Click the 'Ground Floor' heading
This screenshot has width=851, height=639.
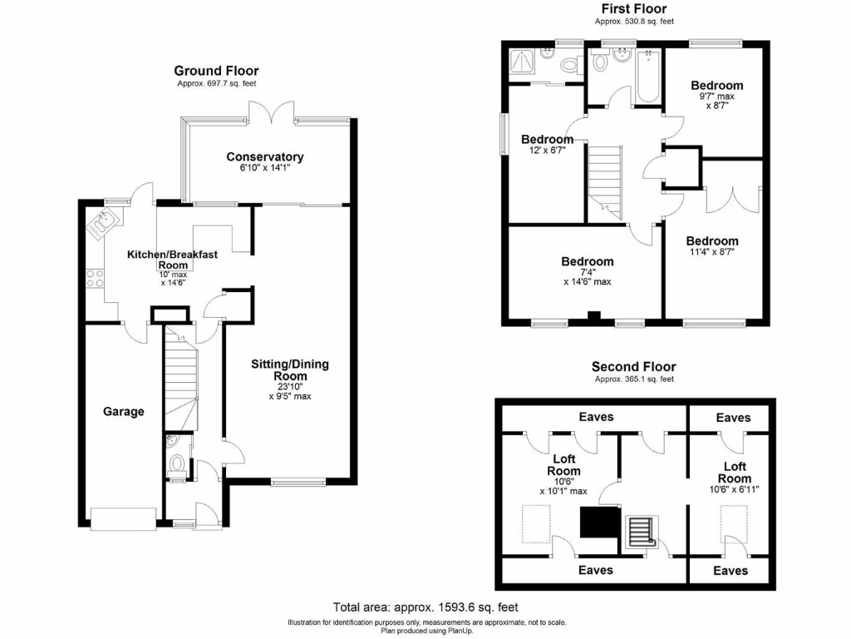coord(216,72)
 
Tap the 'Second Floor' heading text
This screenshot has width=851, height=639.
coord(633,366)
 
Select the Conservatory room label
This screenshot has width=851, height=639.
coord(265,156)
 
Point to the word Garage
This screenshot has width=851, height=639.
coord(124,411)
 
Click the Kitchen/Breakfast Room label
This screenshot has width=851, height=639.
coord(172,254)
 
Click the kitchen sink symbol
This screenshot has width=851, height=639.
coord(103,222)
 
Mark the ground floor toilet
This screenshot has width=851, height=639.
coord(177,465)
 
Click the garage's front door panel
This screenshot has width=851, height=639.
coord(123,518)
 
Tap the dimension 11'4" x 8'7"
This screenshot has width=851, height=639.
coord(711,251)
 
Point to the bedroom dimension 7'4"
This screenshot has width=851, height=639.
coord(588,271)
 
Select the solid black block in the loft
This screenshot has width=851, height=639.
coord(597,524)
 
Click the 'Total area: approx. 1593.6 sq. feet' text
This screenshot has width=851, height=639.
coord(425,607)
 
